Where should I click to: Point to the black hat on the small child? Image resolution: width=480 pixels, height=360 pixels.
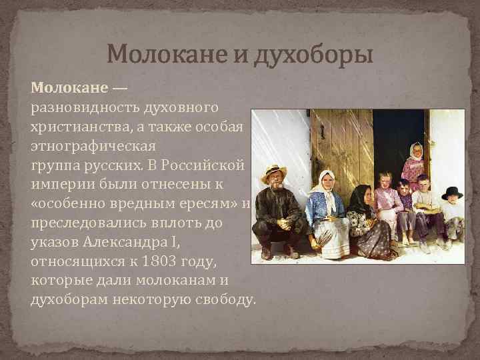coord(452,193)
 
